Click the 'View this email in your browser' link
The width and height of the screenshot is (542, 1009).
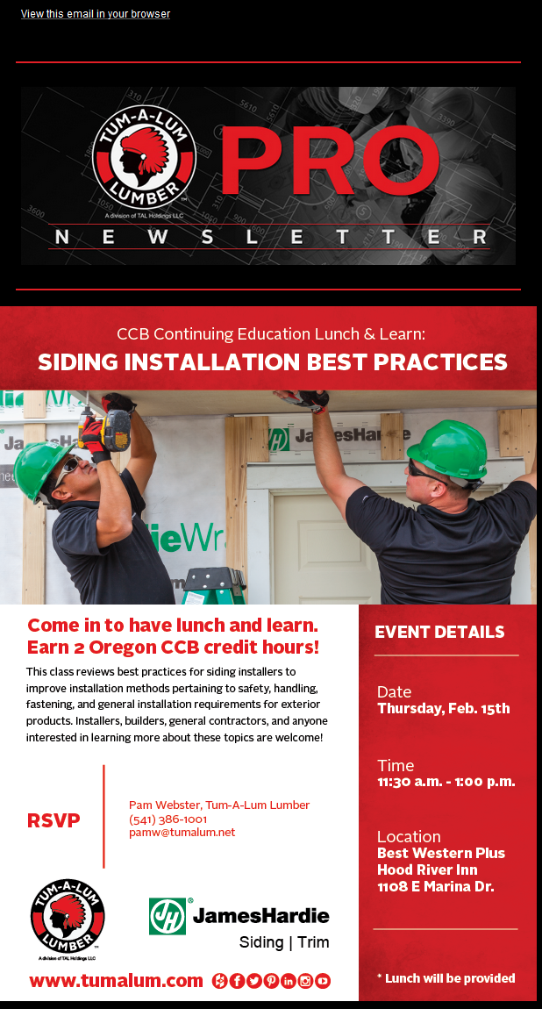point(95,13)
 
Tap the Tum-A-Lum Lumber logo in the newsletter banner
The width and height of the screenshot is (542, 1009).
point(143,157)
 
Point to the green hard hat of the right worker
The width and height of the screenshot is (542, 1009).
point(449,447)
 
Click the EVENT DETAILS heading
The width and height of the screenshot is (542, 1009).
point(439,632)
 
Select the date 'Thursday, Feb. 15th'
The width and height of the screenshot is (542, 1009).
point(444,708)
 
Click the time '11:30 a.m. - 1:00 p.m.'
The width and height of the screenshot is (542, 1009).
point(446,782)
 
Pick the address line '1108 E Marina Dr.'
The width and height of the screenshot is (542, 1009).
point(436,887)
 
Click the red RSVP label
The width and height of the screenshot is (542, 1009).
point(54,820)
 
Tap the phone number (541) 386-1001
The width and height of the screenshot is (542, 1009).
point(168,819)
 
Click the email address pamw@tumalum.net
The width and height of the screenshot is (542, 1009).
point(182,832)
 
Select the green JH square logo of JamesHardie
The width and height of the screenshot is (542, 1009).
point(168,916)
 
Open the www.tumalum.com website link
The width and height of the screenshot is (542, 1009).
point(116,980)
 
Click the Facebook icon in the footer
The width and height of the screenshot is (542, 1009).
point(237,981)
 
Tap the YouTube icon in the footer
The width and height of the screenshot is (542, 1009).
point(323,981)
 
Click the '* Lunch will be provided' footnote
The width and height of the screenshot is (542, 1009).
point(446,978)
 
